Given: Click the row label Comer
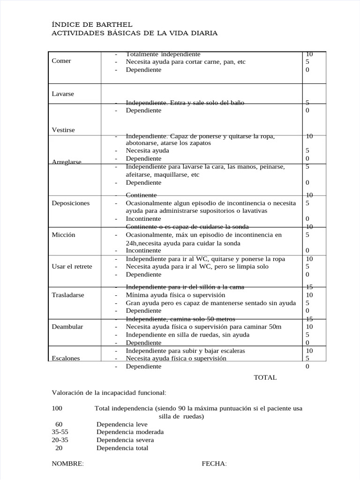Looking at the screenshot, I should (61, 61).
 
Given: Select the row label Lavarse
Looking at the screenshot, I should (63, 94).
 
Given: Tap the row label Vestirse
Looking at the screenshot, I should (63, 130).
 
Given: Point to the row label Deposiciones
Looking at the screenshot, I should (70, 203).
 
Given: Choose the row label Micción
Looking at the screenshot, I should (63, 235).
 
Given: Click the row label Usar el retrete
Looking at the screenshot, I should (72, 266).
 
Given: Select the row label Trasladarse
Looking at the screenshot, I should (67, 295).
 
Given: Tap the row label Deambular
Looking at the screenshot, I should (67, 326).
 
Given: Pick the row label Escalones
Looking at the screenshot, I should (66, 358).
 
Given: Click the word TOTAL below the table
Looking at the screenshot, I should (265, 377).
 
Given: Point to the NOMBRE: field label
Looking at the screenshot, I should (67, 464).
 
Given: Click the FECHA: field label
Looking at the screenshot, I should (214, 464).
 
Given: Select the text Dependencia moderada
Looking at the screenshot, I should (130, 432).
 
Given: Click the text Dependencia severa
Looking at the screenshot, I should (125, 440).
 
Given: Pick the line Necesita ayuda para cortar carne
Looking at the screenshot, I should (185, 61).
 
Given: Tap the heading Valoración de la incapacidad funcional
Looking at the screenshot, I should (109, 392).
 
